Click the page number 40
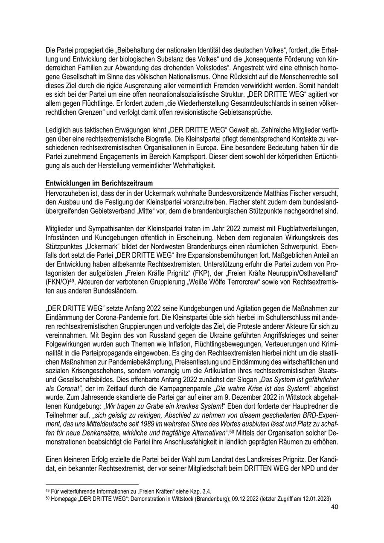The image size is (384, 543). point(335,508)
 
